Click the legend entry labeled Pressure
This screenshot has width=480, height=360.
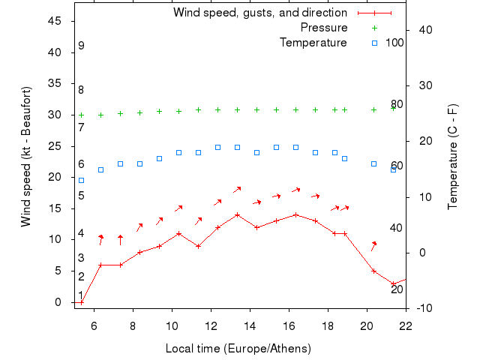tap(323, 28)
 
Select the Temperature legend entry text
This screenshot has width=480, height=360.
tap(313, 43)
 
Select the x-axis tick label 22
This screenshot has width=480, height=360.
tap(406, 325)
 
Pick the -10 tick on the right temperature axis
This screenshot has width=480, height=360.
tap(422, 308)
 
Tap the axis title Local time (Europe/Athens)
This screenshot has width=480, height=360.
tap(238, 349)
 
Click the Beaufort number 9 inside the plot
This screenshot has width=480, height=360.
tap(81, 46)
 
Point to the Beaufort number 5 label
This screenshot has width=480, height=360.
tap(81, 196)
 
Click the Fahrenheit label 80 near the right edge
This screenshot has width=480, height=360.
tap(397, 104)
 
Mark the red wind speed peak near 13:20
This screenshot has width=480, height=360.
tap(237, 214)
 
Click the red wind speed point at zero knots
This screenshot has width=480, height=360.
tap(81, 302)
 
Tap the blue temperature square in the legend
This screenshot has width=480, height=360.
tap(374, 43)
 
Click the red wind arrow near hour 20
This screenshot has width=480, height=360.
tap(373, 245)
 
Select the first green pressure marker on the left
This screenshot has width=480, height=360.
tap(81, 115)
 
